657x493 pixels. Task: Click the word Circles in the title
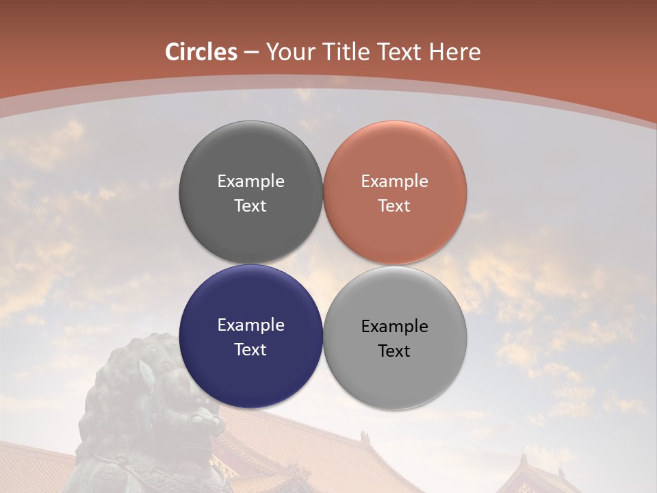[201, 52]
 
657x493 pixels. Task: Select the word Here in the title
[455, 52]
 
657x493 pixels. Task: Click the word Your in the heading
[287, 52]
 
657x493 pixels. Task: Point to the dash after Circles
[251, 53]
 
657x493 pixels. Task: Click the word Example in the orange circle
[394, 181]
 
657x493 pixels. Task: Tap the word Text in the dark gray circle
[250, 205]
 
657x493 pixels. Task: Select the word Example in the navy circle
[250, 325]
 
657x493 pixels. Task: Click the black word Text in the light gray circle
[394, 351]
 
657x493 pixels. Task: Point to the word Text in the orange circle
[394, 205]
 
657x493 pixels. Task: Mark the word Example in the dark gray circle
[250, 181]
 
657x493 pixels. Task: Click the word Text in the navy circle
[250, 349]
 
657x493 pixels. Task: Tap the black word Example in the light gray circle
[394, 326]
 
